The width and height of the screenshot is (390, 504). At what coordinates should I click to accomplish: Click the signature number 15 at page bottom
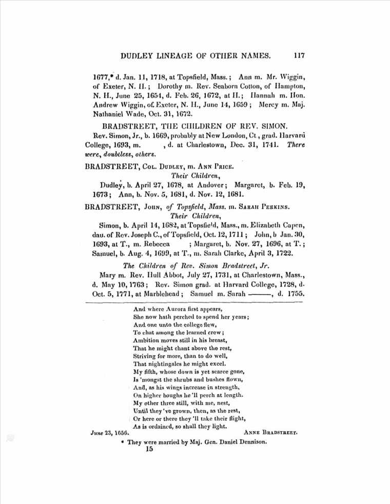[x=149, y=450]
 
